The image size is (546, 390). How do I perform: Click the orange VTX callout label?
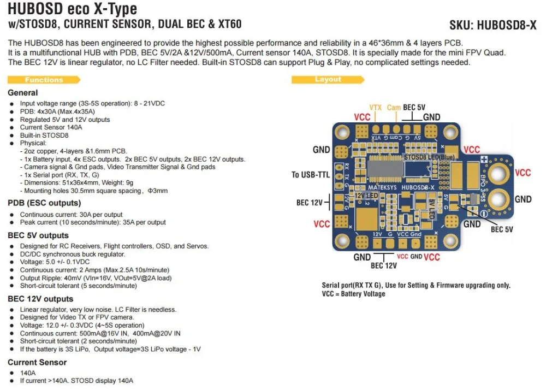pyautogui.click(x=376, y=108)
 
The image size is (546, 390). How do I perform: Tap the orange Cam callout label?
pyautogui.click(x=394, y=108)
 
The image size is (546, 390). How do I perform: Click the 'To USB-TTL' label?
pyautogui.click(x=310, y=174)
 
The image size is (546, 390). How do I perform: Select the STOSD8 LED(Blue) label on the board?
pyautogui.click(x=429, y=157)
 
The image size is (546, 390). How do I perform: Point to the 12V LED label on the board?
pyautogui.click(x=366, y=196)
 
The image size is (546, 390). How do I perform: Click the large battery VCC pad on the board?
pyautogui.click(x=498, y=173)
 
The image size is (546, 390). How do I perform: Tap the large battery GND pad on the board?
pyautogui.click(x=498, y=199)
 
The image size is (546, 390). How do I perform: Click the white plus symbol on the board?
pyautogui.click(x=484, y=159)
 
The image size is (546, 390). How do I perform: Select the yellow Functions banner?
pyautogui.click(x=44, y=80)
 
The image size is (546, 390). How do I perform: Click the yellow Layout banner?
pyautogui.click(x=328, y=79)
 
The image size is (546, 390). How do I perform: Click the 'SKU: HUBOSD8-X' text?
pyautogui.click(x=492, y=25)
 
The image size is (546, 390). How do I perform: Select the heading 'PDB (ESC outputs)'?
pyautogui.click(x=44, y=203)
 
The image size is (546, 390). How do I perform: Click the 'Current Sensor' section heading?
pyautogui.click(x=37, y=362)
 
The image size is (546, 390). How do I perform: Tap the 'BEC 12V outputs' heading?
pyautogui.click(x=40, y=299)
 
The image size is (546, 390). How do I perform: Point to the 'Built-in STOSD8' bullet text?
pyautogui.click(x=44, y=135)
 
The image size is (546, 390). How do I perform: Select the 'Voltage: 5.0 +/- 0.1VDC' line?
pyautogui.click(x=55, y=262)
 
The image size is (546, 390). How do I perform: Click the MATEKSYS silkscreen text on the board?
pyautogui.click(x=382, y=187)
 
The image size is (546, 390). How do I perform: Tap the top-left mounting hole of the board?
pyautogui.click(x=342, y=132)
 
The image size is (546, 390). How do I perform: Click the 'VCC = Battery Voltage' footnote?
pyautogui.click(x=353, y=293)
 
